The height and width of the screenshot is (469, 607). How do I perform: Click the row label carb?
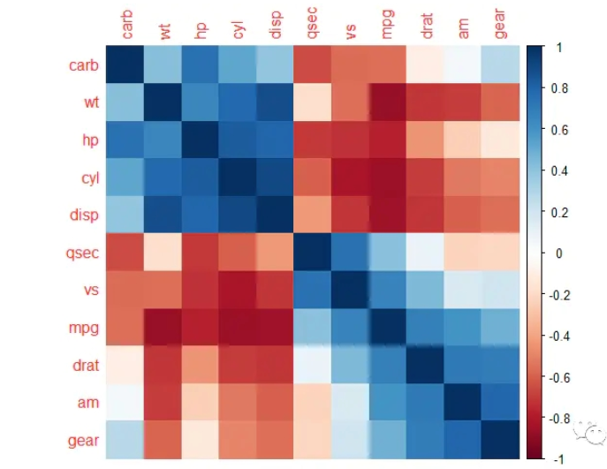84,64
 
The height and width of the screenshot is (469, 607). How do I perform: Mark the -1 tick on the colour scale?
558,459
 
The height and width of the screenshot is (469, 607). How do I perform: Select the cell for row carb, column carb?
125,64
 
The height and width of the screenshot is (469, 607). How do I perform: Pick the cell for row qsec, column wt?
163,252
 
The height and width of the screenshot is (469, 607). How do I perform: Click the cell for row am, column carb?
125,402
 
